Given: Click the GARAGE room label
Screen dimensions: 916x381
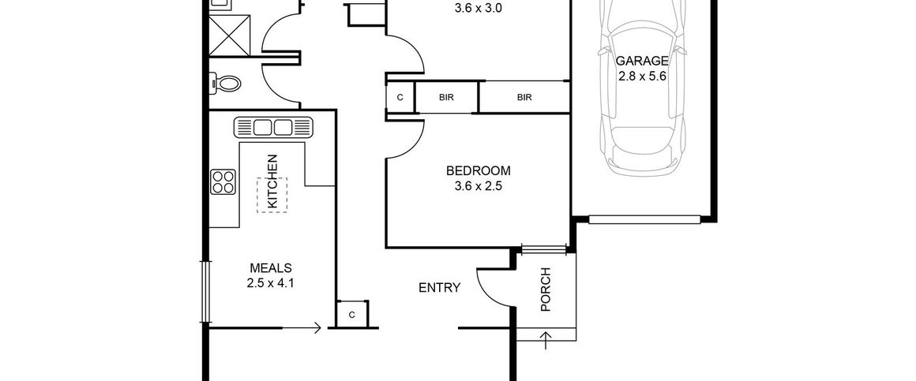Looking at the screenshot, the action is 642,61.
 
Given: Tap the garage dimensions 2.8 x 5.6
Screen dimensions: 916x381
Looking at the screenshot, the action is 642,76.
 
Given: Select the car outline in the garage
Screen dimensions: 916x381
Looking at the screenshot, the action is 642,88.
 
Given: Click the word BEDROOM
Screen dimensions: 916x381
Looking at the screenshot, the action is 478,171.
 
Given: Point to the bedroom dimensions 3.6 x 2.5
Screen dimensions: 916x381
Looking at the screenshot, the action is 478,187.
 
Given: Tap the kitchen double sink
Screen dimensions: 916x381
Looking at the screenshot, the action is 273,127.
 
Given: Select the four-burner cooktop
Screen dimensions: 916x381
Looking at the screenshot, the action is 223,181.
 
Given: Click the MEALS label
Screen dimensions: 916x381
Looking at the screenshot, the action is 271,268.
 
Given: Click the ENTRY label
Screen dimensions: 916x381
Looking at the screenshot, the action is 439,288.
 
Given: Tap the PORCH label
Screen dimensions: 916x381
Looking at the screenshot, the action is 546,289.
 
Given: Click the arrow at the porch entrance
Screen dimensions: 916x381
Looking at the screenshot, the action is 546,340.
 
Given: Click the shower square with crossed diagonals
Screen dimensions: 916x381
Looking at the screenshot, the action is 230,35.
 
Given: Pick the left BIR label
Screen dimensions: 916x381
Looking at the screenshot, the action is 446,98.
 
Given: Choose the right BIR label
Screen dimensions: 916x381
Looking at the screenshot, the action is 524,98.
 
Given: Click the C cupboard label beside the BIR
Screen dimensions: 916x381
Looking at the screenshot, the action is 400,98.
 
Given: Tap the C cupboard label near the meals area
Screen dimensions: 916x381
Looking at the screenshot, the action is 351,315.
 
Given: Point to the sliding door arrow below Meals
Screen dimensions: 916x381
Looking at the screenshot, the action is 301,328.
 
